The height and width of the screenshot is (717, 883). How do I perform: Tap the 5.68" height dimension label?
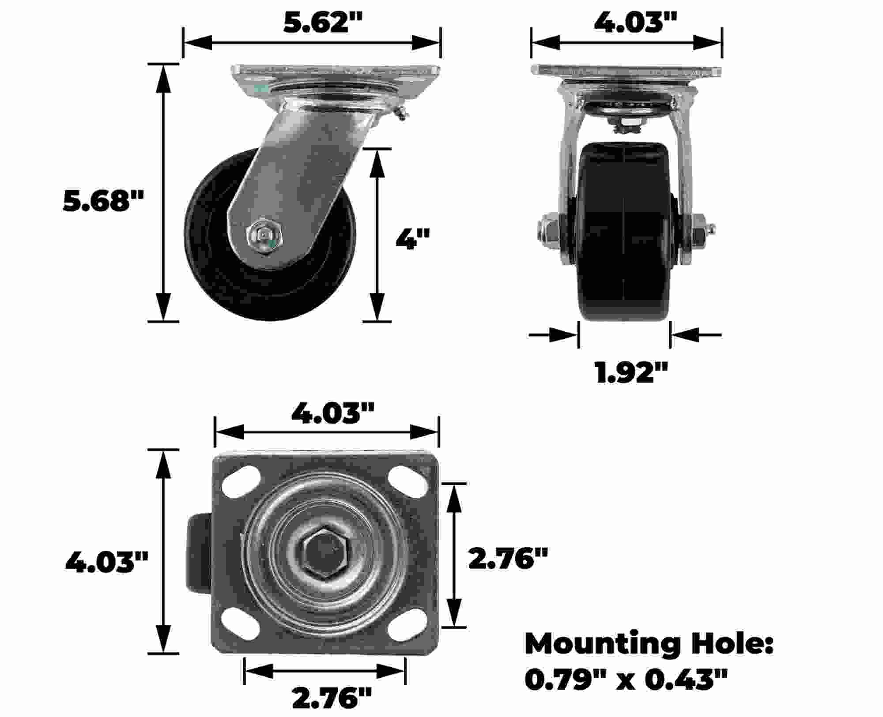coord(104,201)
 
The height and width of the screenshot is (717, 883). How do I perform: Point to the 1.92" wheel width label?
coord(631,372)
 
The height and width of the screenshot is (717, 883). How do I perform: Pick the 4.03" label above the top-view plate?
coord(332,413)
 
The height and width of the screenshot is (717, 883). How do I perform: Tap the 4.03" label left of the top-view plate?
coord(107,562)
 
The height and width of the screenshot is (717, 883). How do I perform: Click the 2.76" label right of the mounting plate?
coord(508,558)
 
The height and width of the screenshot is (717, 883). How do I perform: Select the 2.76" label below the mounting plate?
coord(332,698)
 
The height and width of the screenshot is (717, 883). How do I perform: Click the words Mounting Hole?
coord(649,644)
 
